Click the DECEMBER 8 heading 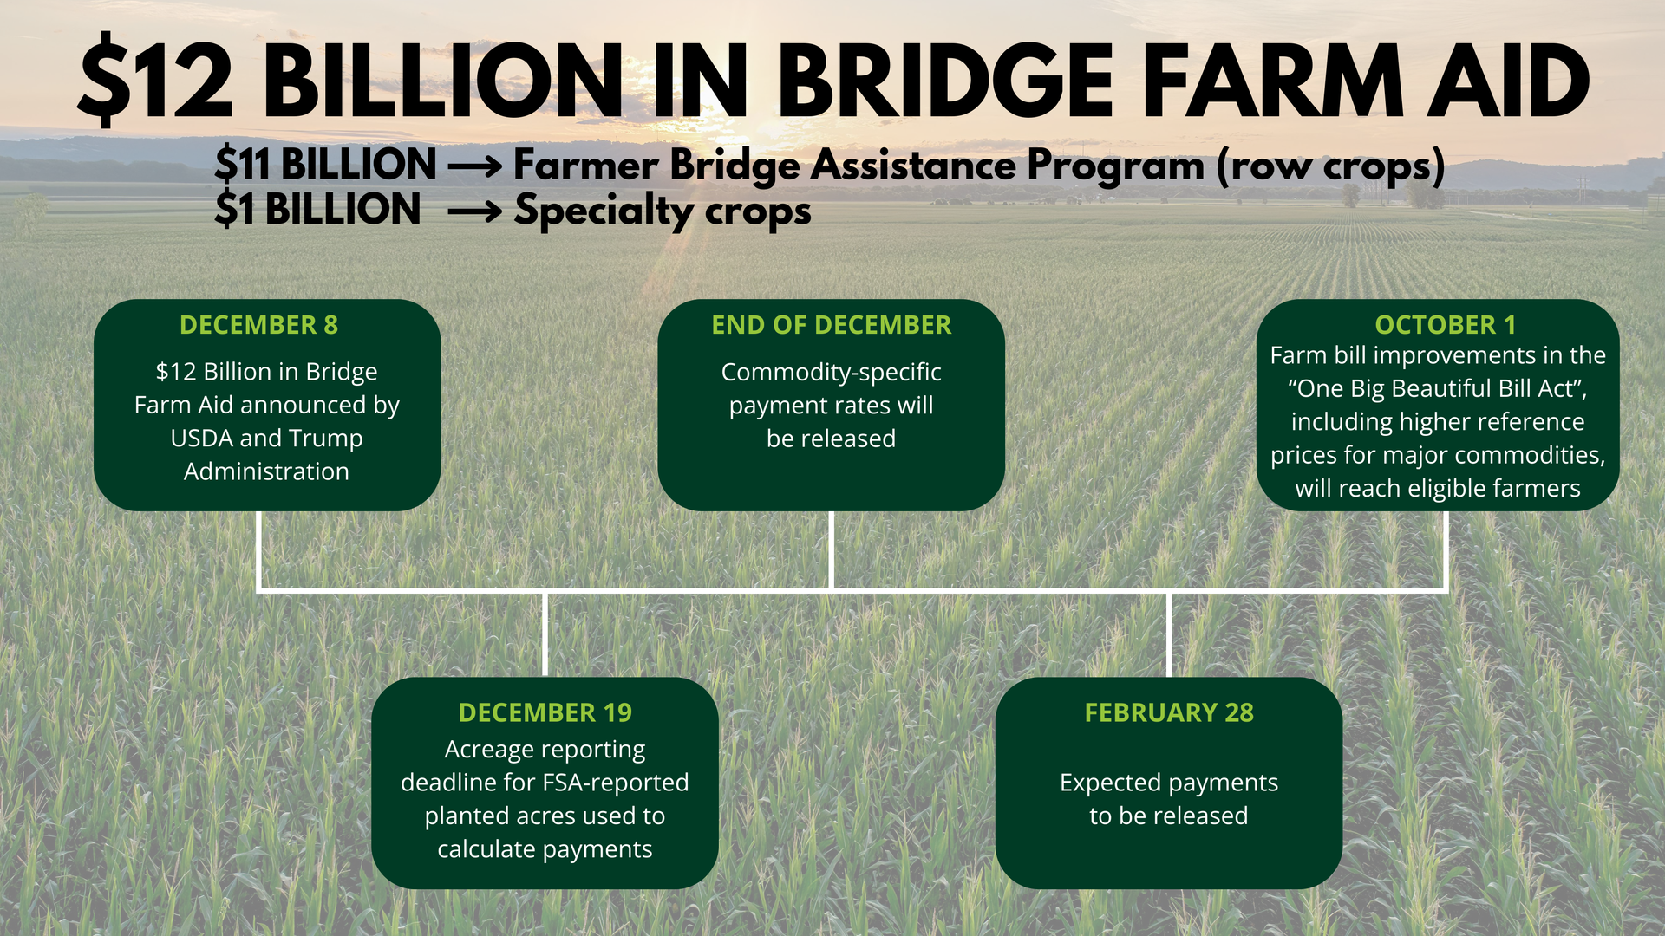coord(258,325)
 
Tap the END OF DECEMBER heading coord(831,325)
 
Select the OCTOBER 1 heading coord(1445,325)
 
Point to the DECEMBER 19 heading coord(545,712)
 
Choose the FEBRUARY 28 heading coord(1168,712)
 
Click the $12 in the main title coord(156,81)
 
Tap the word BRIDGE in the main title coord(945,81)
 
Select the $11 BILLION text coord(325,165)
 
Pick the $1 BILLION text coord(317,210)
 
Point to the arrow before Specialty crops coord(474,211)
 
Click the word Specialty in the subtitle coord(602,211)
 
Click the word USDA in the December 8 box coord(201,439)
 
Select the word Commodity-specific coord(831,373)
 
